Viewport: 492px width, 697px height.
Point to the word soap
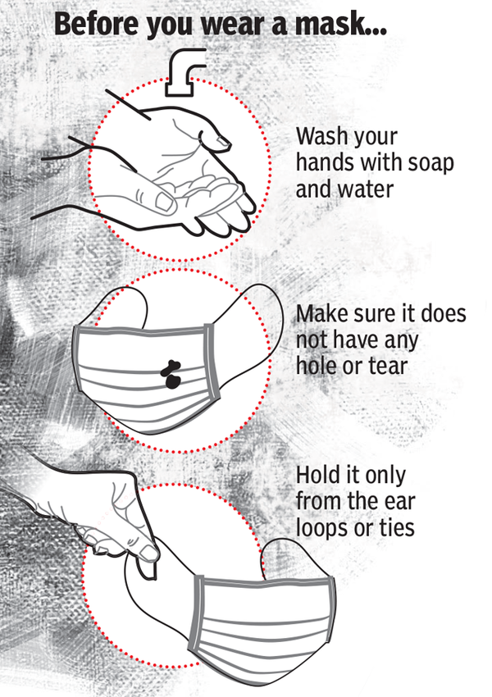pos(430,162)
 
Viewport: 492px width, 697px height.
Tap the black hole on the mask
pos(170,373)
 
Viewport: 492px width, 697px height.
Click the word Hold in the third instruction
pos(316,474)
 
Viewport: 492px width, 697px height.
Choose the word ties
pos(394,526)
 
